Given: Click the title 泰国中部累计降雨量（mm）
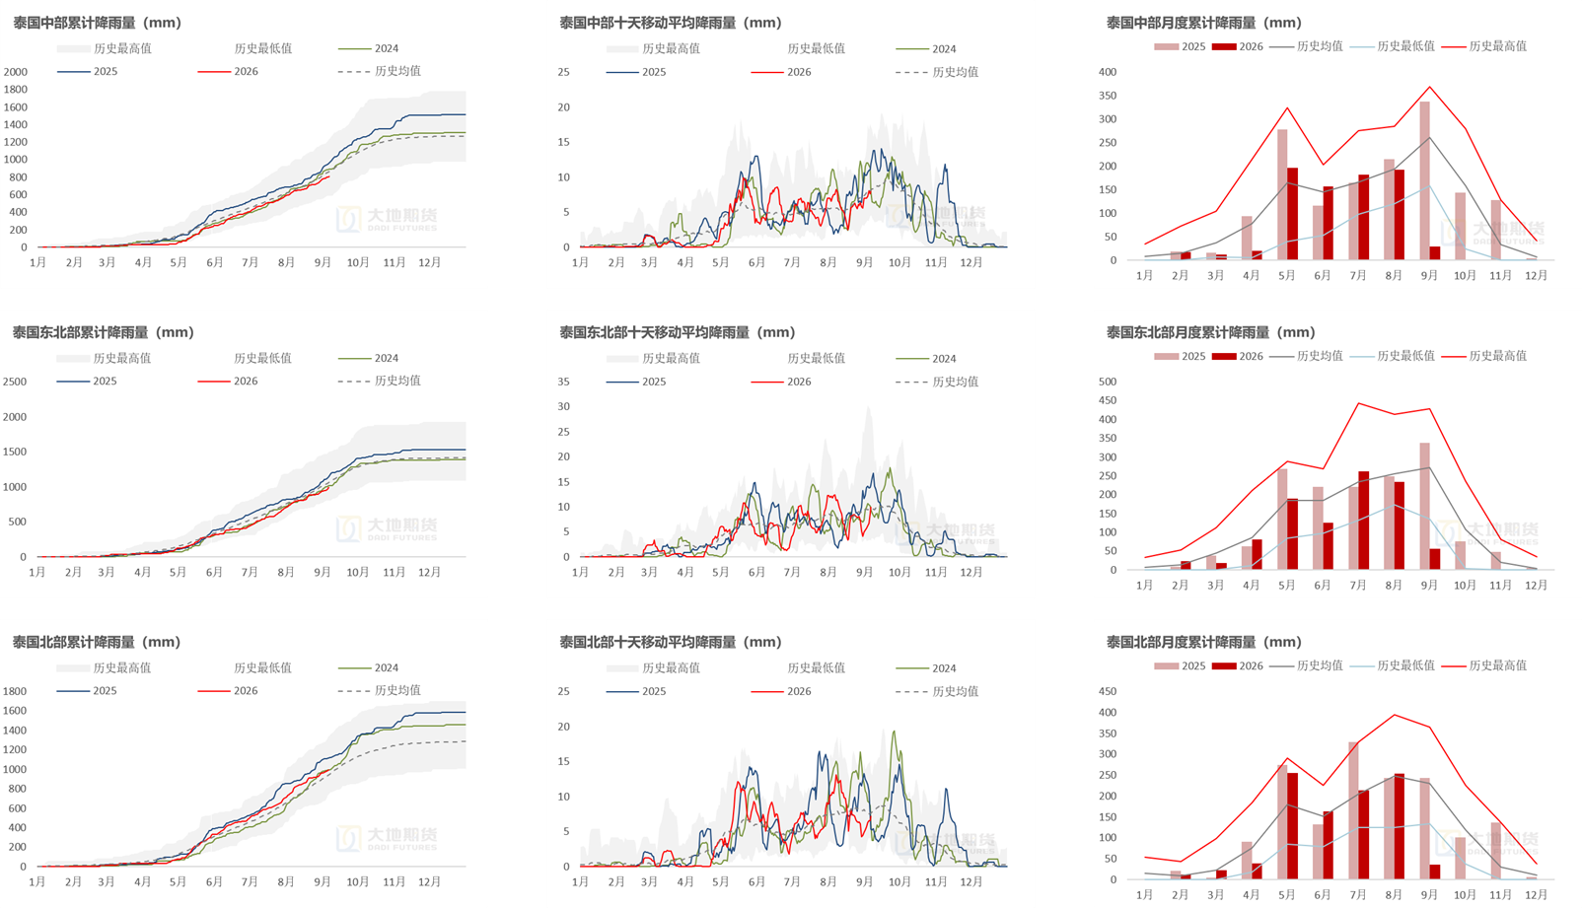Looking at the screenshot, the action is [98, 23].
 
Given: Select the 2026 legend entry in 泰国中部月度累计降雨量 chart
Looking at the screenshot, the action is [1238, 46].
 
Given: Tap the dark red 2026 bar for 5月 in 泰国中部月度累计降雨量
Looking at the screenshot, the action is [1292, 214].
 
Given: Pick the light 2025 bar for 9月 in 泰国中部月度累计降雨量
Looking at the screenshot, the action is [1424, 180].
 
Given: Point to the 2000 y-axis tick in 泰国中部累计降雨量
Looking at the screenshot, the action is [16, 72].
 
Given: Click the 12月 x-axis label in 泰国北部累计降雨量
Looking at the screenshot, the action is [429, 882].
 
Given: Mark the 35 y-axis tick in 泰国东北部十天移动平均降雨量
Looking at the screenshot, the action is [563, 382].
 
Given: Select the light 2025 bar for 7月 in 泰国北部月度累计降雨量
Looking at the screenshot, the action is [1353, 810].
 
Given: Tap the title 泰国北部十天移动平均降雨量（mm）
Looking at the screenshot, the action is [671, 642].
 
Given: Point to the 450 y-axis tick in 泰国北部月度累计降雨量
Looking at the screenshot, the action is [1108, 691].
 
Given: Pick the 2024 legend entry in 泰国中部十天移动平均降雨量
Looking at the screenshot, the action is [926, 48].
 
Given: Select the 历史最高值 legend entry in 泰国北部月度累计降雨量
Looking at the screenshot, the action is [1483, 665].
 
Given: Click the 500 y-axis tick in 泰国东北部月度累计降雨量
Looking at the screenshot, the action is [1108, 382].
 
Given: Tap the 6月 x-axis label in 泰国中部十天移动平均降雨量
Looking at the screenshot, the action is [756, 262].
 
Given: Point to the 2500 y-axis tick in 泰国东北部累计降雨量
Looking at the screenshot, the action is [15, 382].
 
